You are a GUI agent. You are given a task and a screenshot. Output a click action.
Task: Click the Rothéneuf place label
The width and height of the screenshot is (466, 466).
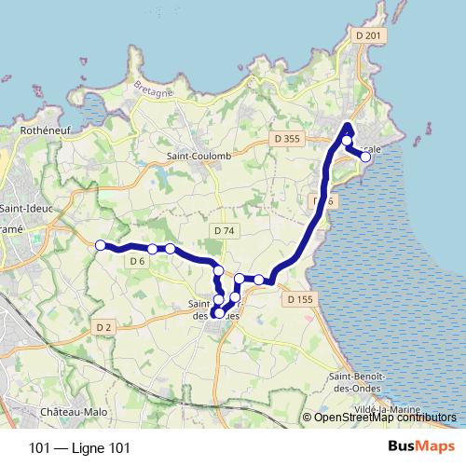[48, 132]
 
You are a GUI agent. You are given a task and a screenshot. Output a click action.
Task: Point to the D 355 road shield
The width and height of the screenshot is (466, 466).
[289, 139]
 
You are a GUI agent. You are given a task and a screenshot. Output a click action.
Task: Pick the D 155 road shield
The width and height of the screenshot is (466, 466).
[300, 299]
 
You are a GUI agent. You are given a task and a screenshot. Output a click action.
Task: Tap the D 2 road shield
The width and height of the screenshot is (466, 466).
[103, 326]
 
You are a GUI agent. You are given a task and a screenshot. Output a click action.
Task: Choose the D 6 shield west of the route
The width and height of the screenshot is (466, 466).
[137, 261]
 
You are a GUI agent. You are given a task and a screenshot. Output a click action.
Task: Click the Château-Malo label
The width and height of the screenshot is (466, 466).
[75, 411]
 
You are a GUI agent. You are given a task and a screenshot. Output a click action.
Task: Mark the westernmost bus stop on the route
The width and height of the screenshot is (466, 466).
[100, 245]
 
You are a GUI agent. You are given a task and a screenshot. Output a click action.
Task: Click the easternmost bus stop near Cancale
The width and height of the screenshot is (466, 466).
[365, 158]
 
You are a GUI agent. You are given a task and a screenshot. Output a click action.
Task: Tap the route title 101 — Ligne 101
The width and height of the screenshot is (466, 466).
[79, 448]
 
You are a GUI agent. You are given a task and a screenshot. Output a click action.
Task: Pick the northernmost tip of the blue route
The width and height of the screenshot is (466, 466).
[348, 125]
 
